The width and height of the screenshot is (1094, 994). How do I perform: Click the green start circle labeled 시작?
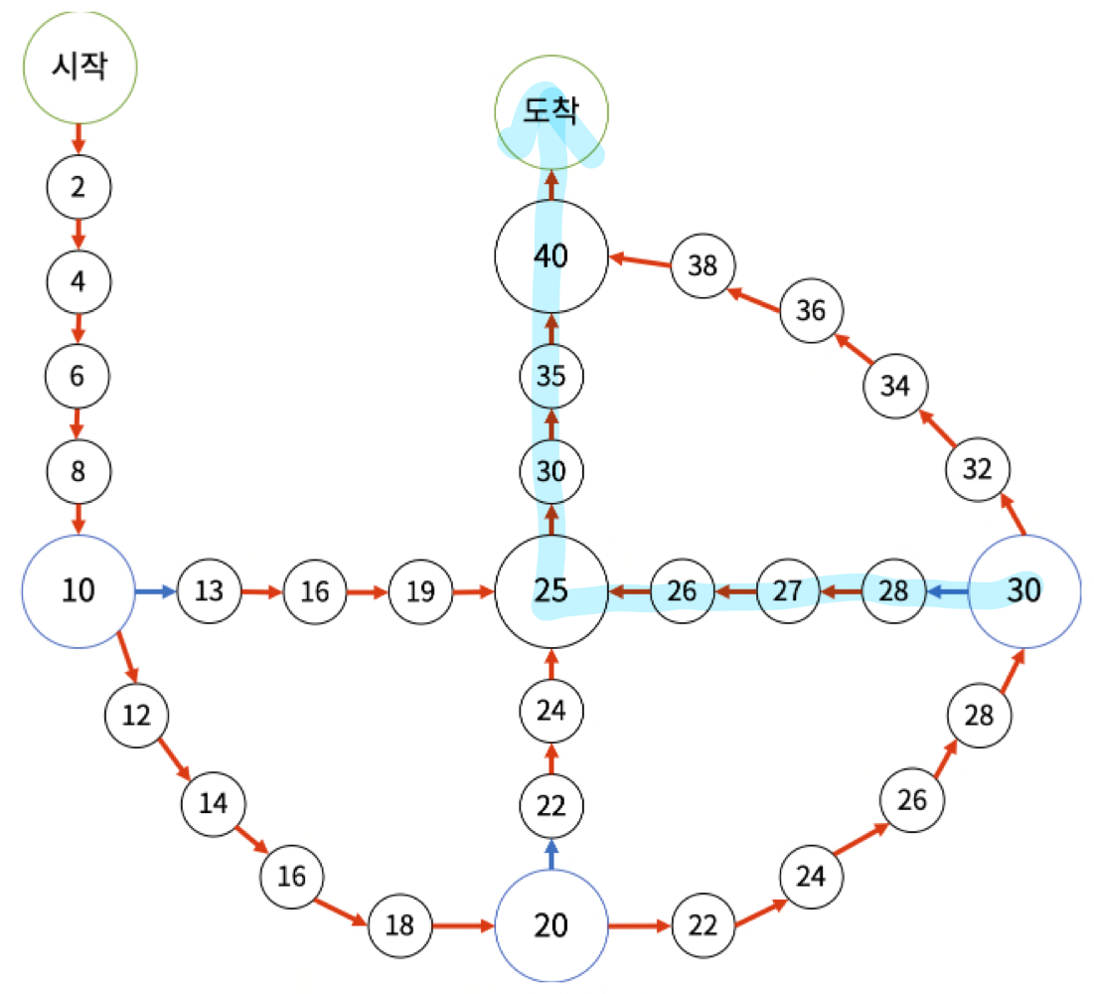click(79, 67)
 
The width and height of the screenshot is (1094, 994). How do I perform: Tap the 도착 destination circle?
click(551, 112)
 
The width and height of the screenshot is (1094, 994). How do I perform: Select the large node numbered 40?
click(551, 256)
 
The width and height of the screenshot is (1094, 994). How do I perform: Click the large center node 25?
click(551, 591)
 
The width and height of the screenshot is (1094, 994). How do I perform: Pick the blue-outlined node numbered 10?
click(78, 590)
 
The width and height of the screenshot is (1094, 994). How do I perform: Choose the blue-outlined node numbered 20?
click(551, 925)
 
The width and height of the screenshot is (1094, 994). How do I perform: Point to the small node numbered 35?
click(551, 376)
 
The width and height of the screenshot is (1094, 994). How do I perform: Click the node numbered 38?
click(703, 265)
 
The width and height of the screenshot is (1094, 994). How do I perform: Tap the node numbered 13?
click(209, 591)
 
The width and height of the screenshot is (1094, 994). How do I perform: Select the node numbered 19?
click(421, 591)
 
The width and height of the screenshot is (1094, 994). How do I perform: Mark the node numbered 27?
click(788, 591)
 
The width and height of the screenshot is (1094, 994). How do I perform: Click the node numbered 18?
click(399, 925)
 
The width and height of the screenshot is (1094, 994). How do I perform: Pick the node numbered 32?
click(978, 469)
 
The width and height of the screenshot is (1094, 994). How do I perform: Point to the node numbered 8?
click(78, 470)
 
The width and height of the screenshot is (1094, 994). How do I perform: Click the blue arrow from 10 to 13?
click(156, 591)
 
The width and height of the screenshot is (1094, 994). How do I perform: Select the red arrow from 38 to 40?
click(640, 260)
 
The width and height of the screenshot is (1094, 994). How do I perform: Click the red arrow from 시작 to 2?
click(78, 138)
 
